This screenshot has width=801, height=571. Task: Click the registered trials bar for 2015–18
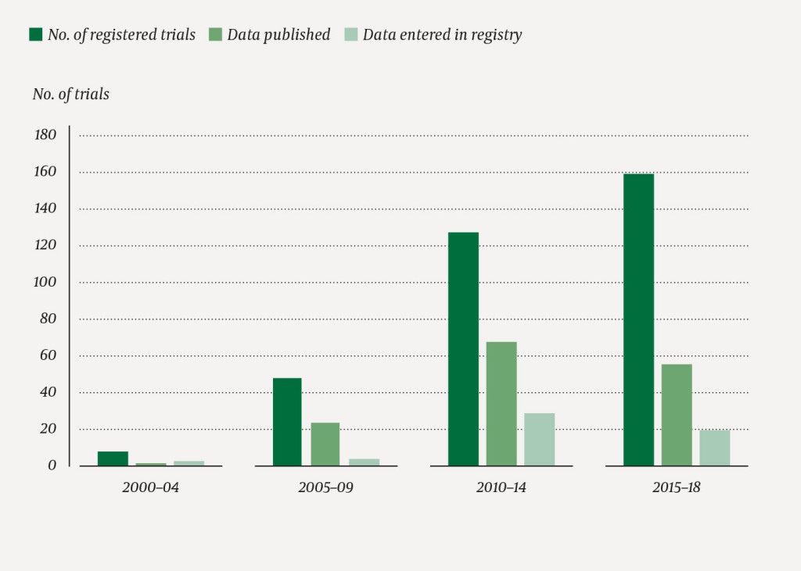[x=638, y=319]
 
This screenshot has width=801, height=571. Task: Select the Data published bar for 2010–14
[x=501, y=404]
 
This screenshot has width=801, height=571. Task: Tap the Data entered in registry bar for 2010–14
[x=540, y=440]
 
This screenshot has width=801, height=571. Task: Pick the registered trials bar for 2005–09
[x=287, y=422]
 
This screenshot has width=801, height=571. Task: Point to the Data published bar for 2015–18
[x=677, y=415]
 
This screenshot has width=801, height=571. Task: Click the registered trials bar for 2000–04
[x=113, y=459]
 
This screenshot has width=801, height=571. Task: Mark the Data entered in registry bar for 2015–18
[x=714, y=448]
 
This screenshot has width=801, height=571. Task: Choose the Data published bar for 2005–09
[x=325, y=444]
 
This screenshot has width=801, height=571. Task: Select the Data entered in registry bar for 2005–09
[x=364, y=462]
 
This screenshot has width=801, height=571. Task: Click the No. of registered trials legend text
[x=121, y=34]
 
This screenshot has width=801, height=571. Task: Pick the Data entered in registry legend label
[x=442, y=34]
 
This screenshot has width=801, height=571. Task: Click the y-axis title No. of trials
[x=71, y=95]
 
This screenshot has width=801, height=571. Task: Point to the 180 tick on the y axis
[x=46, y=135]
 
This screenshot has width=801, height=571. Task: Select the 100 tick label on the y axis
[x=46, y=282]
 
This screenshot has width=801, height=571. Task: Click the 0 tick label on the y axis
[x=52, y=466]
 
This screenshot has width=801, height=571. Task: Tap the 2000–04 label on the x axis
[x=151, y=487]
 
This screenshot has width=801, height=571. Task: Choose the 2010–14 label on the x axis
[x=501, y=487]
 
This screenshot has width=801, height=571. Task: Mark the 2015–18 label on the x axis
[x=677, y=487]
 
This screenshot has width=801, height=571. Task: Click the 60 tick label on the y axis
[x=48, y=355]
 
